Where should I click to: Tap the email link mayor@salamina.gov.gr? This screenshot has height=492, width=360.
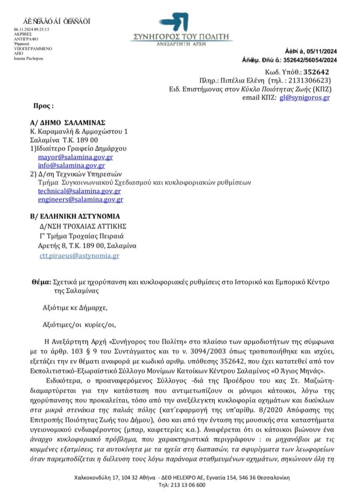tap(76, 157)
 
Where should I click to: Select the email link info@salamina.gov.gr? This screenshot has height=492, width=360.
tap(73, 165)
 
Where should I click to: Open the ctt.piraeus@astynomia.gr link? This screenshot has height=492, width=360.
tap(79, 255)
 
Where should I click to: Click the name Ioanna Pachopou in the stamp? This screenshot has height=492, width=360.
tap(28, 58)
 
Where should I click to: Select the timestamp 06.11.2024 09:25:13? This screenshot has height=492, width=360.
tap(32, 29)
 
